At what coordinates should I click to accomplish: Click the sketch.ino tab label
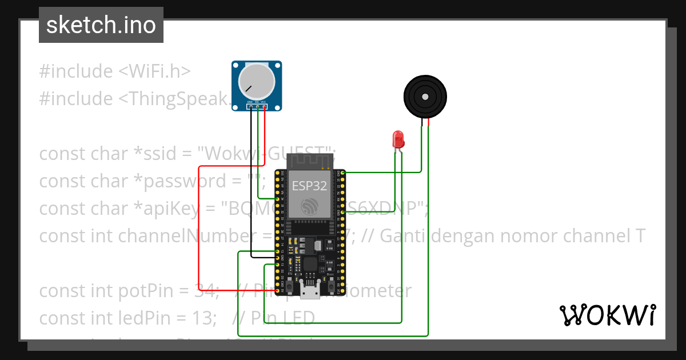[101, 25]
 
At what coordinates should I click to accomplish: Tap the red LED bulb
[398, 138]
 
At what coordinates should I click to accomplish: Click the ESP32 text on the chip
[309, 186]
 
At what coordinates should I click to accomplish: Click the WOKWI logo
[607, 315]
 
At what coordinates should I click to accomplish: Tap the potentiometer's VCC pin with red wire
[265, 107]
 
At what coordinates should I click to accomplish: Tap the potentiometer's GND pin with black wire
[251, 107]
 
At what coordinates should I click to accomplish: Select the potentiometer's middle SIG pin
[258, 107]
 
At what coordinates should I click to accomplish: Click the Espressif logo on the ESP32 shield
[309, 207]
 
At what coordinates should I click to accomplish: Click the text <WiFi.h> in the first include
[154, 71]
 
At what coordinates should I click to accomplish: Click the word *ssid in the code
[166, 154]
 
